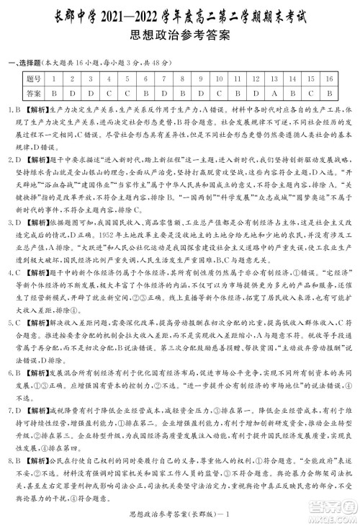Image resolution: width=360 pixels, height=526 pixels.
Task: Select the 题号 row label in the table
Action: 33,78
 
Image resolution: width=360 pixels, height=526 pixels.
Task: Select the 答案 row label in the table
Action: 33,93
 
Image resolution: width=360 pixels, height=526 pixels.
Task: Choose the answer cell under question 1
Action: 53,93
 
